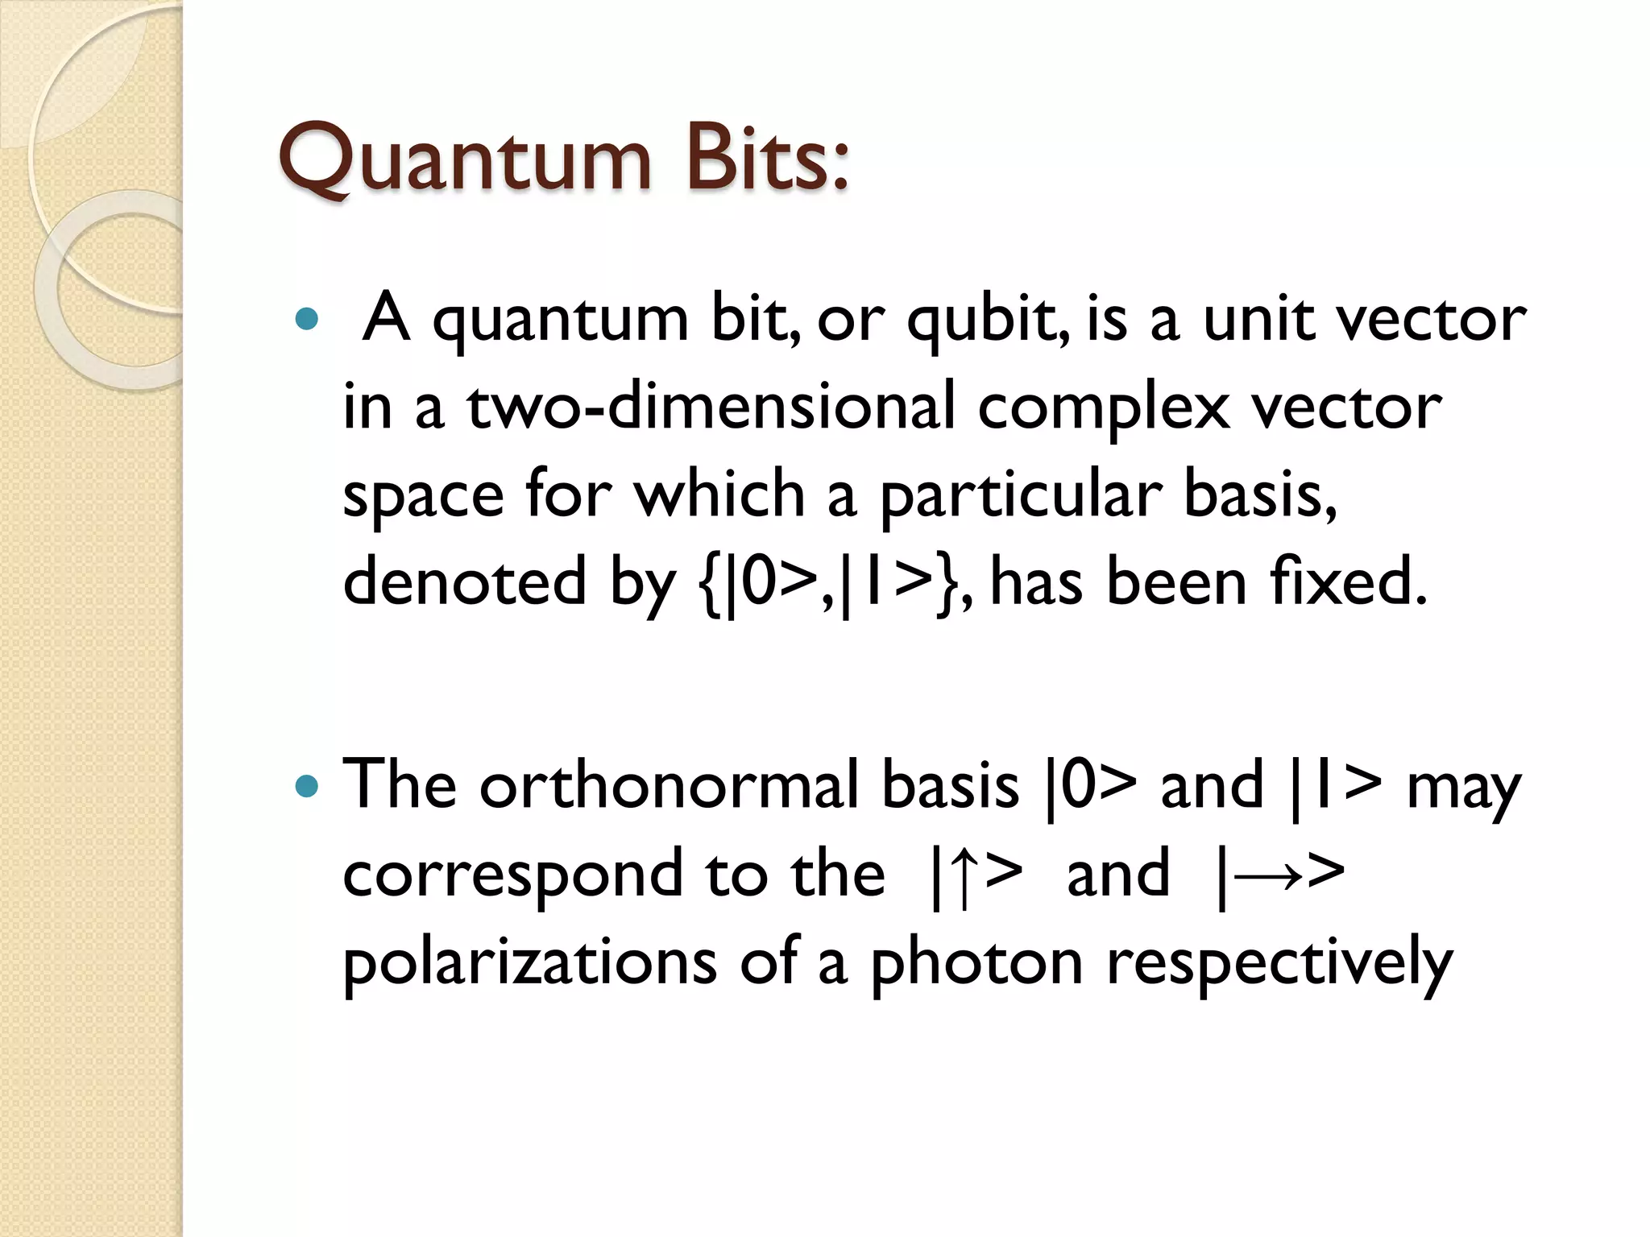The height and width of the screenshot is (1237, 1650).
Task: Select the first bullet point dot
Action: [x=307, y=321]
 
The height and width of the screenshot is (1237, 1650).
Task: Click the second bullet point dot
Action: [x=307, y=786]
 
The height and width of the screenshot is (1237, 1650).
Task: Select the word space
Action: [x=422, y=496]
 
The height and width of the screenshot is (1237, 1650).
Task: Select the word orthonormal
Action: [x=669, y=786]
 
